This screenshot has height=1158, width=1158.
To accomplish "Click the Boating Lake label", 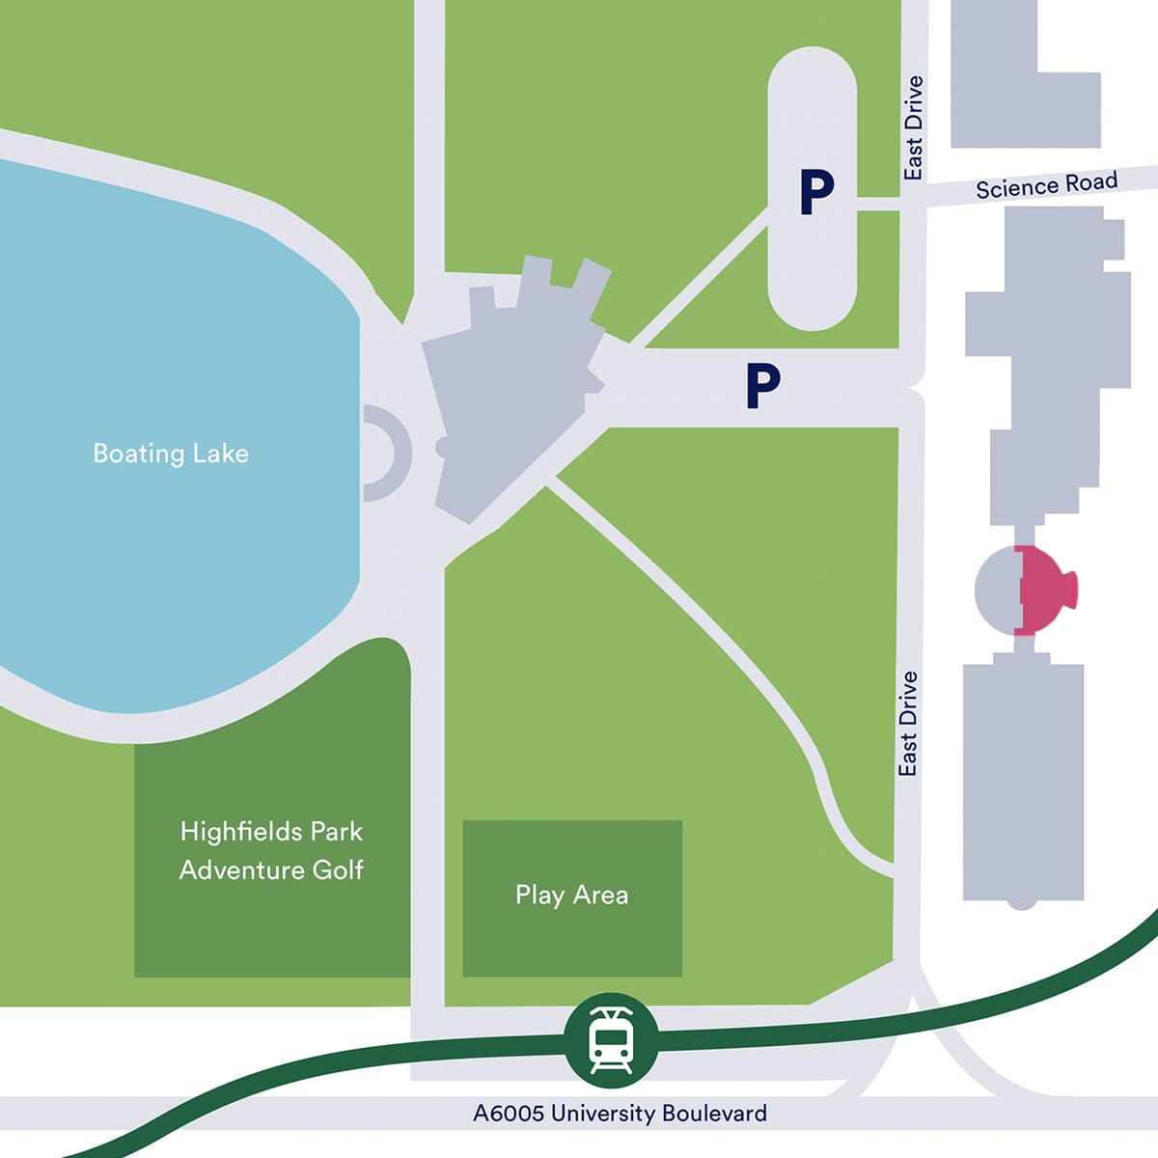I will pos(171,454).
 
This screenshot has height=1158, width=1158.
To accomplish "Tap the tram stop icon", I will pos(611,1039).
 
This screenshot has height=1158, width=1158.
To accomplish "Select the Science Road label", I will pos(1046,185).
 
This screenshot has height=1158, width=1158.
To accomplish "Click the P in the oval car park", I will pos(816,192).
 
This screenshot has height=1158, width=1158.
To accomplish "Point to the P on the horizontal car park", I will pos(762,385).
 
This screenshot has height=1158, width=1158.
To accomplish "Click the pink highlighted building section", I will pos(1046,590).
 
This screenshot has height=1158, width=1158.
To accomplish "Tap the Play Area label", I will pos(571,896).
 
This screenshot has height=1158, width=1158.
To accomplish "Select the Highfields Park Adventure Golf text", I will pos(271,850).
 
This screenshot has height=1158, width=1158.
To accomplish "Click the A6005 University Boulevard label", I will pos(620,1113).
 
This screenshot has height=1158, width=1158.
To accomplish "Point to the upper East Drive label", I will pos(913,127).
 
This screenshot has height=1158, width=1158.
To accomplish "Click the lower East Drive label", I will pos(907,724).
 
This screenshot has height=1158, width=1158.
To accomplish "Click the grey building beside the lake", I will pos(511,386).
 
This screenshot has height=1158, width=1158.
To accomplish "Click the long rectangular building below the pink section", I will pos(1023,782).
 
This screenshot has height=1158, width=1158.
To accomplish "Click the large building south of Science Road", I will pos(1052,347).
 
